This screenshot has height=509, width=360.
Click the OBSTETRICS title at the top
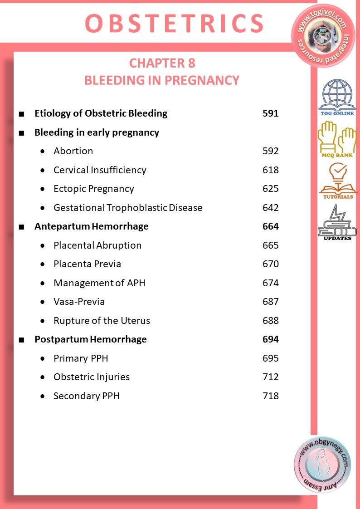click(174, 24)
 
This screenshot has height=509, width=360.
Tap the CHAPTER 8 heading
click(162, 64)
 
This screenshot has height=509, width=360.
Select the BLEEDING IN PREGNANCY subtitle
click(162, 80)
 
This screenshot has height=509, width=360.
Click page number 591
click(271, 113)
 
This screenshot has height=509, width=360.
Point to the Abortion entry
click(73, 151)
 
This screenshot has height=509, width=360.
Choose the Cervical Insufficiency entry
click(100, 170)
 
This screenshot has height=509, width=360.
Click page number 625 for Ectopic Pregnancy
click(271, 189)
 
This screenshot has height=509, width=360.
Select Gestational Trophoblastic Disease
click(128, 208)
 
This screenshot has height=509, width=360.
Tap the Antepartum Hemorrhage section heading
click(92, 226)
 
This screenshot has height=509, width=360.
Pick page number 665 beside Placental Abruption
click(271, 245)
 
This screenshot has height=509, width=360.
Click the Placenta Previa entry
click(87, 264)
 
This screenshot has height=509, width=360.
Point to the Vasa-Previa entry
click(79, 302)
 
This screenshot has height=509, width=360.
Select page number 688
click(271, 321)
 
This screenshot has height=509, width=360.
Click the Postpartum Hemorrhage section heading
click(91, 339)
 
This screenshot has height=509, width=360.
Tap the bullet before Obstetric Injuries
click(43, 377)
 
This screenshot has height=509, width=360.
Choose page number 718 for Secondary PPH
click(271, 396)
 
